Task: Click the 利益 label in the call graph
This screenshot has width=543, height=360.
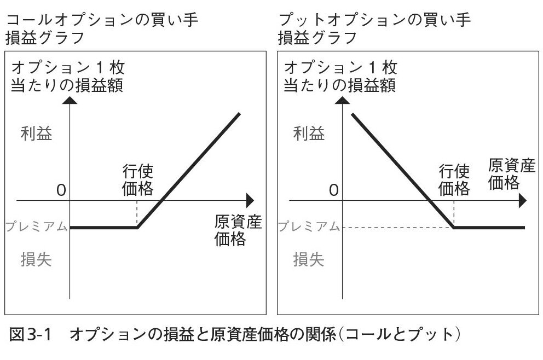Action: (x=37, y=133)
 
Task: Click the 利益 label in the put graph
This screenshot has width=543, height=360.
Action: (x=309, y=133)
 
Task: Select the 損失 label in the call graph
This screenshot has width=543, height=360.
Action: (x=36, y=259)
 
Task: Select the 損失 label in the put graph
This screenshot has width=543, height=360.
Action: (x=309, y=259)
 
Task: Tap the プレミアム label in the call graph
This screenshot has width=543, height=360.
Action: (x=37, y=226)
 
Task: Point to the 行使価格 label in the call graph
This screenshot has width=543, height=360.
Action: (x=137, y=180)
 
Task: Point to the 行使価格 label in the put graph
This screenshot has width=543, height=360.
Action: (x=454, y=180)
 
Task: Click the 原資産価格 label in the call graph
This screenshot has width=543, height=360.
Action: (x=238, y=231)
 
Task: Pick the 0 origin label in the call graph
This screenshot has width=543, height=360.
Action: (x=60, y=190)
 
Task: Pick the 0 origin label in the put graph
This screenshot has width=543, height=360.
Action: (x=333, y=190)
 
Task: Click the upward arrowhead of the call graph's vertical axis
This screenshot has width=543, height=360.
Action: (x=70, y=100)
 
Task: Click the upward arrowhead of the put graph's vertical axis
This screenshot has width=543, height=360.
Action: (x=343, y=100)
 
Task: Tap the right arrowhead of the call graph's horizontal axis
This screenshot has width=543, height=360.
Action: (x=250, y=200)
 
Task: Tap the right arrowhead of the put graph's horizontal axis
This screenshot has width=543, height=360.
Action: (x=522, y=200)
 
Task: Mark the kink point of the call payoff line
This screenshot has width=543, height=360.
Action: (x=137, y=227)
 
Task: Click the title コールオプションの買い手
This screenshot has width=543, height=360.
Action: (x=101, y=20)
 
